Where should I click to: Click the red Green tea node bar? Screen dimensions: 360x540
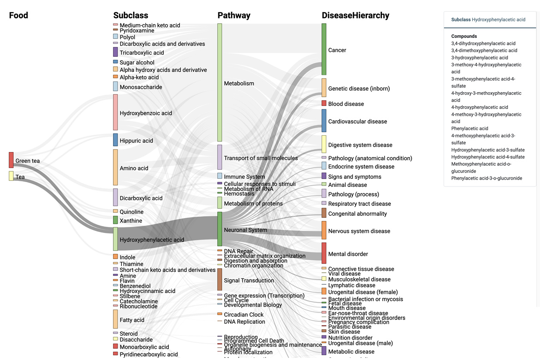11,160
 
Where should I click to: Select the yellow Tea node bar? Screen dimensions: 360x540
11,176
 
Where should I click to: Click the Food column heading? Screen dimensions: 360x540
19,16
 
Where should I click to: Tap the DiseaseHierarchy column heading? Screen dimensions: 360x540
355,16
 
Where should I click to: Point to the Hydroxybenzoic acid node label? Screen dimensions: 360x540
146,113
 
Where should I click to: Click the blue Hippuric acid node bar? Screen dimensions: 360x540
115,140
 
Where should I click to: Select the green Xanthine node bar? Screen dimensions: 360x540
115,220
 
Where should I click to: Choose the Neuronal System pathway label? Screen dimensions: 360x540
245,230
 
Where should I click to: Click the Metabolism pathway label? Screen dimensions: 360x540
239,84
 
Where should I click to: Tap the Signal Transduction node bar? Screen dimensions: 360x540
220,279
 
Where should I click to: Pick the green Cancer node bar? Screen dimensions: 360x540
324,49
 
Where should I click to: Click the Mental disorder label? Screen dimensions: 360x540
348,254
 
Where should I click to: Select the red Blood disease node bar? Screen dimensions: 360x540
324,103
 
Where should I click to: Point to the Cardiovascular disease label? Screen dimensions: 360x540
357,121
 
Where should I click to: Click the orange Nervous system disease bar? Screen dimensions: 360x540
324,230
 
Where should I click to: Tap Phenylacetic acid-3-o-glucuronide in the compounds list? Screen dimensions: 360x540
487,178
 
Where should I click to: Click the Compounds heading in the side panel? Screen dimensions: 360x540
464,37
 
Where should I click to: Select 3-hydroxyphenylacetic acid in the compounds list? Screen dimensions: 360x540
480,58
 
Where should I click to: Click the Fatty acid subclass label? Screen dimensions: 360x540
132,320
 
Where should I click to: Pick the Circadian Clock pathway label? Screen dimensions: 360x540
244,315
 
